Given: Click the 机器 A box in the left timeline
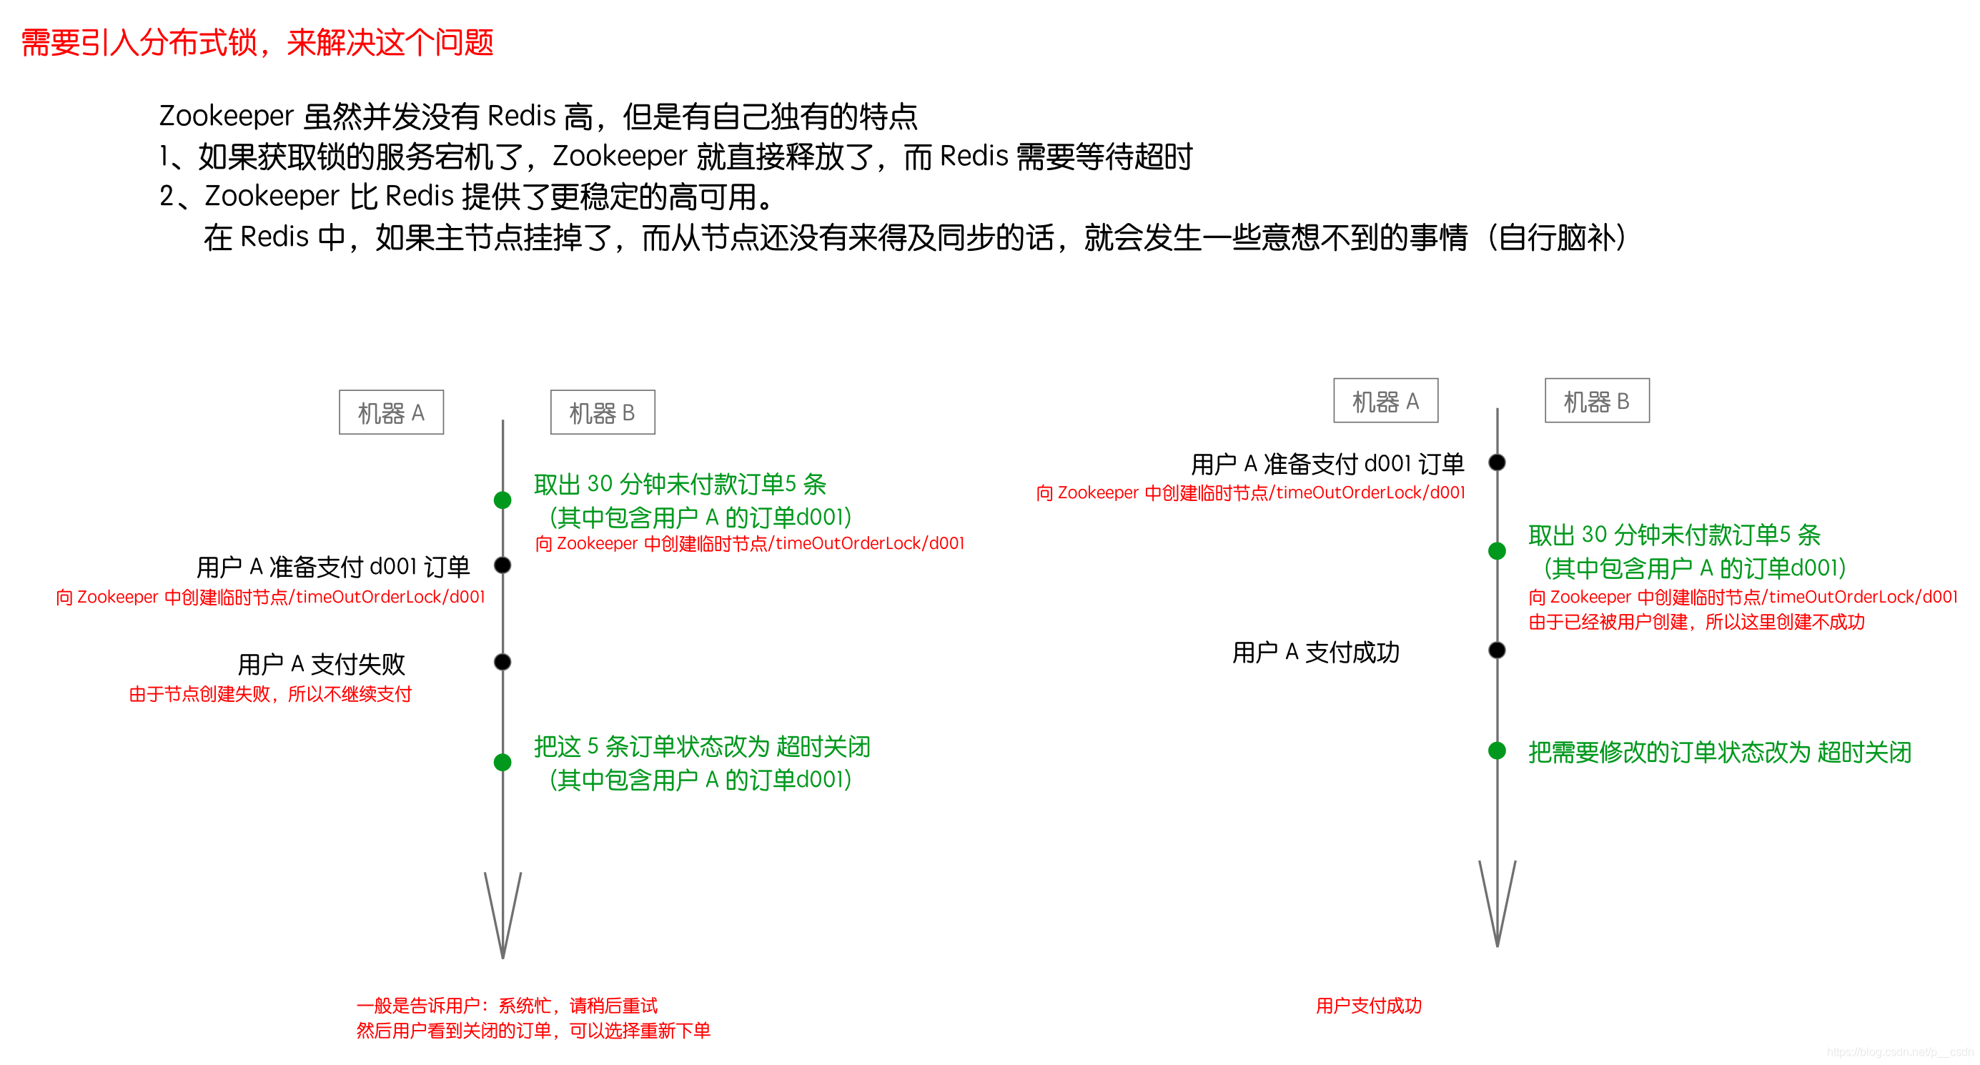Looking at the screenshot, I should tap(391, 412).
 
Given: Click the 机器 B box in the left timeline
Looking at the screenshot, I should tap(603, 412).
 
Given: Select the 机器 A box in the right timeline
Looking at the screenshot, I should tap(1385, 400).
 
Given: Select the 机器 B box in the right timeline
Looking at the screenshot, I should tap(1596, 400).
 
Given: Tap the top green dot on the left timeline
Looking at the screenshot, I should tap(503, 500).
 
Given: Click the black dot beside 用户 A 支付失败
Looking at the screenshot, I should tap(503, 662).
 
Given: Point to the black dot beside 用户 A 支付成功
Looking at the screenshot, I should tap(1497, 650).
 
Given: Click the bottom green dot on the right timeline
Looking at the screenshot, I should tap(1497, 751).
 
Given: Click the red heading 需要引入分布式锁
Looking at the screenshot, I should tap(257, 42).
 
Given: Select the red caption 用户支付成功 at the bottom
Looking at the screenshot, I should tap(1368, 1005).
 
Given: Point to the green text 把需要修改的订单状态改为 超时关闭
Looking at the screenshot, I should tap(1718, 751).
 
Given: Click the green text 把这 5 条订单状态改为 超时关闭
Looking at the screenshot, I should tap(702, 746).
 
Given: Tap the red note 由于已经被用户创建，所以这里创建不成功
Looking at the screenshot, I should tap(1696, 622).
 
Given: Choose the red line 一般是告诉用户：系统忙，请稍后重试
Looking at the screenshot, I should tap(507, 1005).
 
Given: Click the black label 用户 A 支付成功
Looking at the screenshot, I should tap(1315, 653).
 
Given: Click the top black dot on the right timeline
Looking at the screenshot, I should tap(1497, 462).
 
